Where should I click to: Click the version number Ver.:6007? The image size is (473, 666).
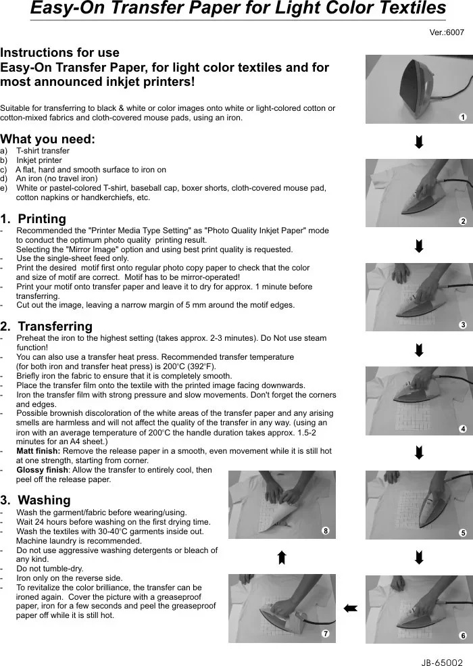pos(447,32)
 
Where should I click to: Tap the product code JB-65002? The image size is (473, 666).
pos(441,655)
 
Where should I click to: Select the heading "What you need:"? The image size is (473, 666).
pos(48,139)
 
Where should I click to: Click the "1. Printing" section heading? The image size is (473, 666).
pos(33,219)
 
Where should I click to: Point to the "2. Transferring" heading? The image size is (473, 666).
pos(47,327)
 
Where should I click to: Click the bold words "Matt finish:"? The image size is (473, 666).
pos(39,451)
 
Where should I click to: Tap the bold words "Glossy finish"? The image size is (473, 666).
pos(42,470)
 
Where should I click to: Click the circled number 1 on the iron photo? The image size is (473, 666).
pos(462,117)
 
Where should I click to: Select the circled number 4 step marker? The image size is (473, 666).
pos(462,429)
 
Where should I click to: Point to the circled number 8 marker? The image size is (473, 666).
pos(325,531)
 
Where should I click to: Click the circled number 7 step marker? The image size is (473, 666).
pos(325,634)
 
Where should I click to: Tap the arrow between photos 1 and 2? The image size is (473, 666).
pos(419,142)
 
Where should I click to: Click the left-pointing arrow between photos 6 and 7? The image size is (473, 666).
pos(350,609)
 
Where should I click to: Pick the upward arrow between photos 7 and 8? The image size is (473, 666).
pos(282,557)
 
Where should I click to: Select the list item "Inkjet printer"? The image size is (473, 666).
pos(39,160)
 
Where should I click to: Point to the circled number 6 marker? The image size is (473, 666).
pos(462,636)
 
